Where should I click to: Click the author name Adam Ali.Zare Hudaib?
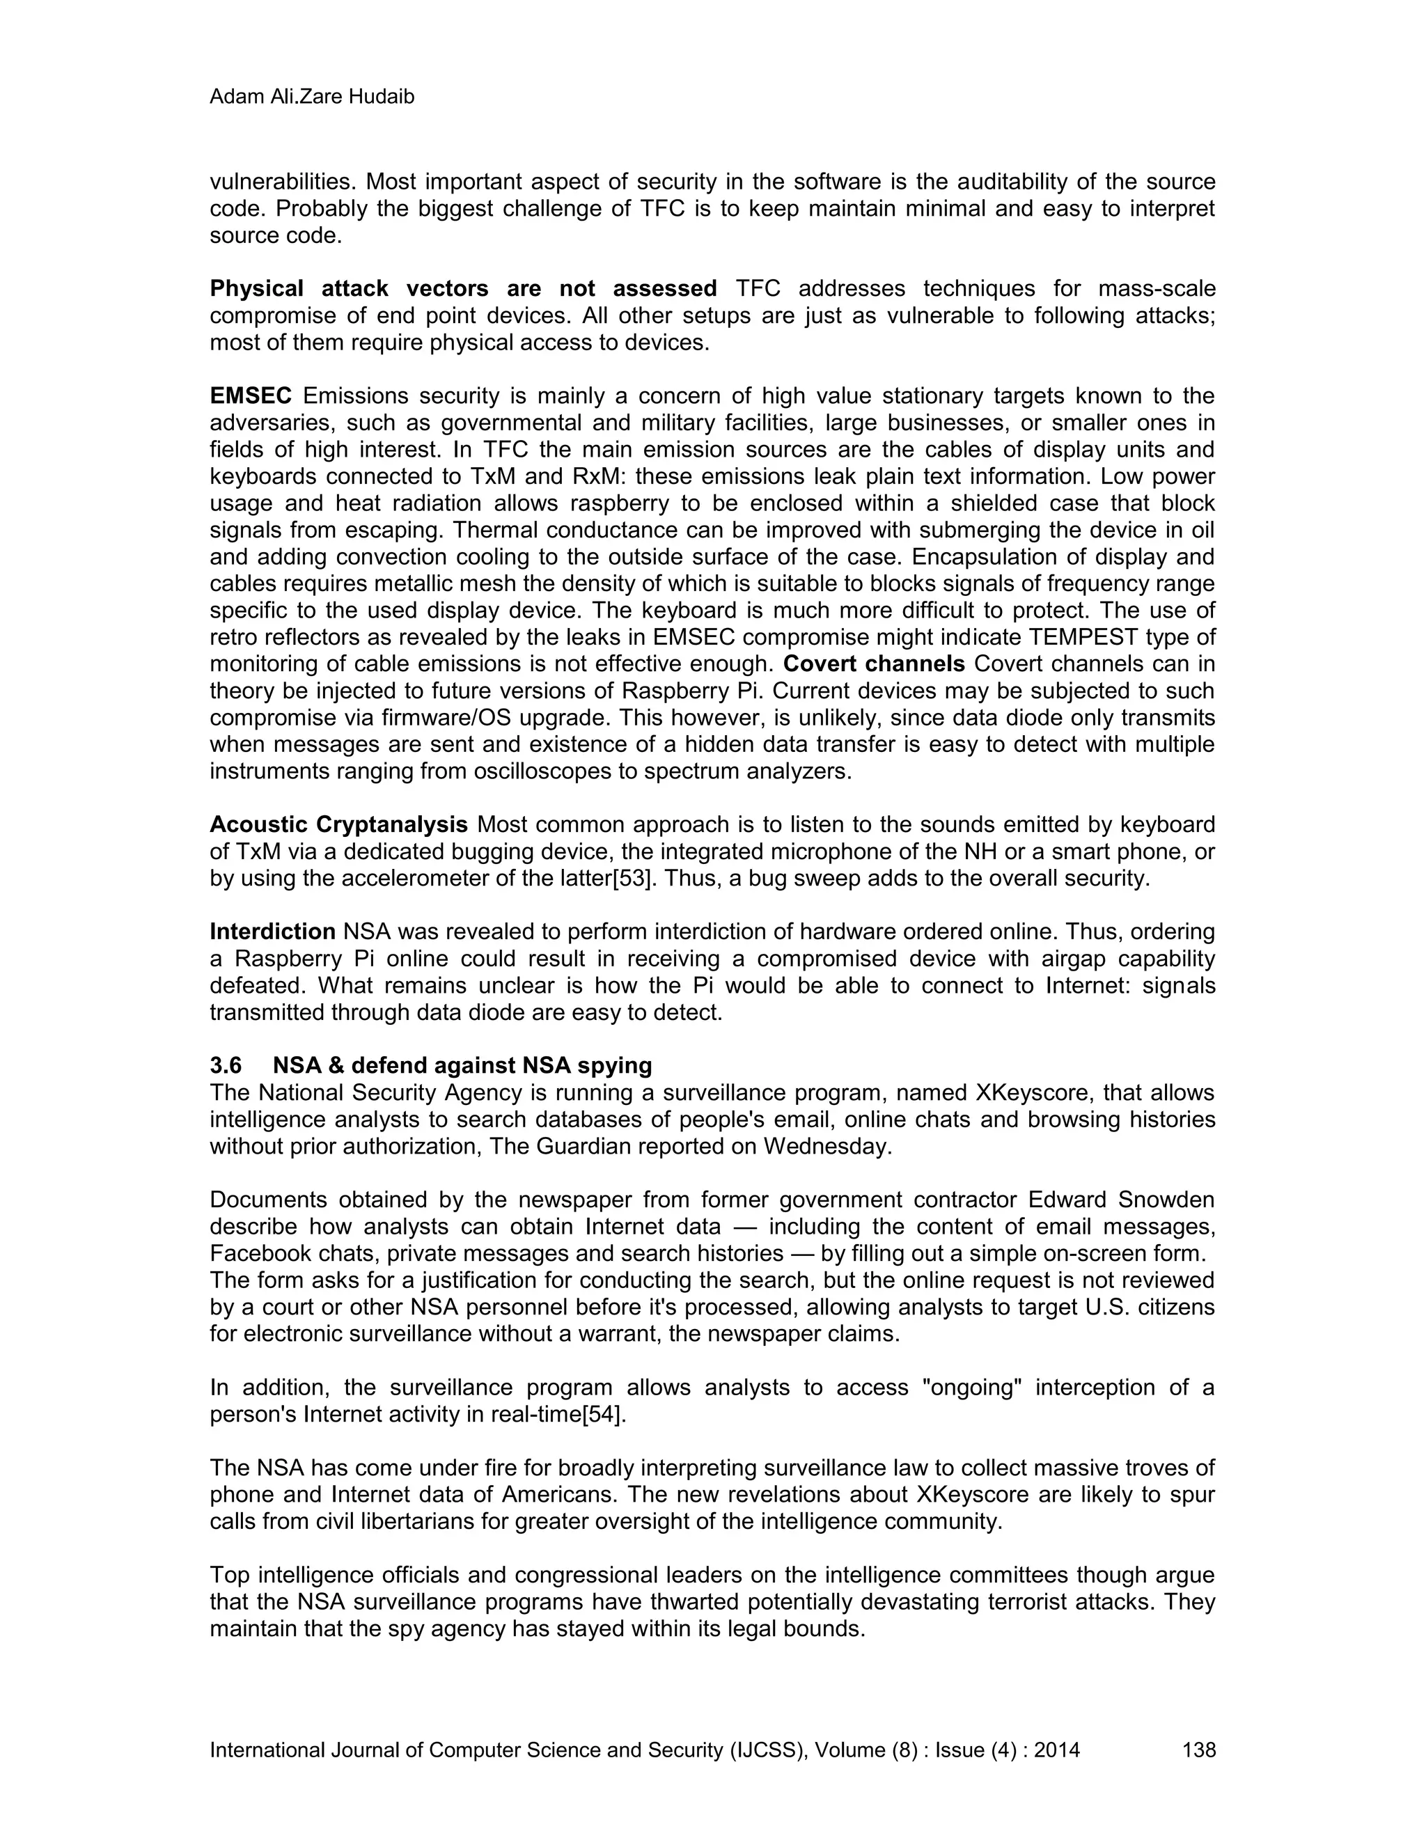coord(312,97)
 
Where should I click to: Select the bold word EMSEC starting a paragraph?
coord(251,395)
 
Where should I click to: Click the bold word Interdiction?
coord(273,931)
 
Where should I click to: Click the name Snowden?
coord(1166,1200)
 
